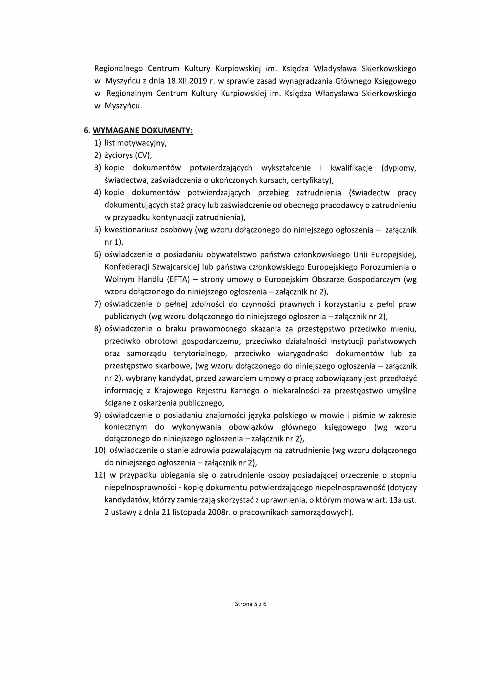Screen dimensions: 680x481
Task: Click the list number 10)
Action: click(x=100, y=450)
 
